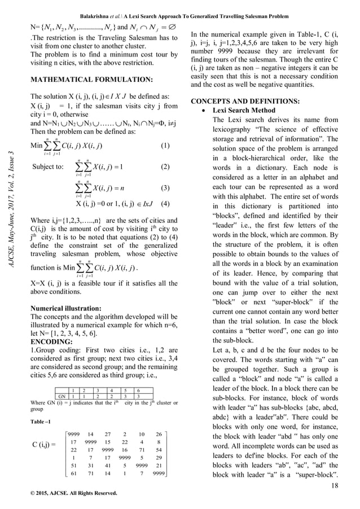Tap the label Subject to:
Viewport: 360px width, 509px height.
(x=49, y=168)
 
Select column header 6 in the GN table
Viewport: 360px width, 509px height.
(x=138, y=390)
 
